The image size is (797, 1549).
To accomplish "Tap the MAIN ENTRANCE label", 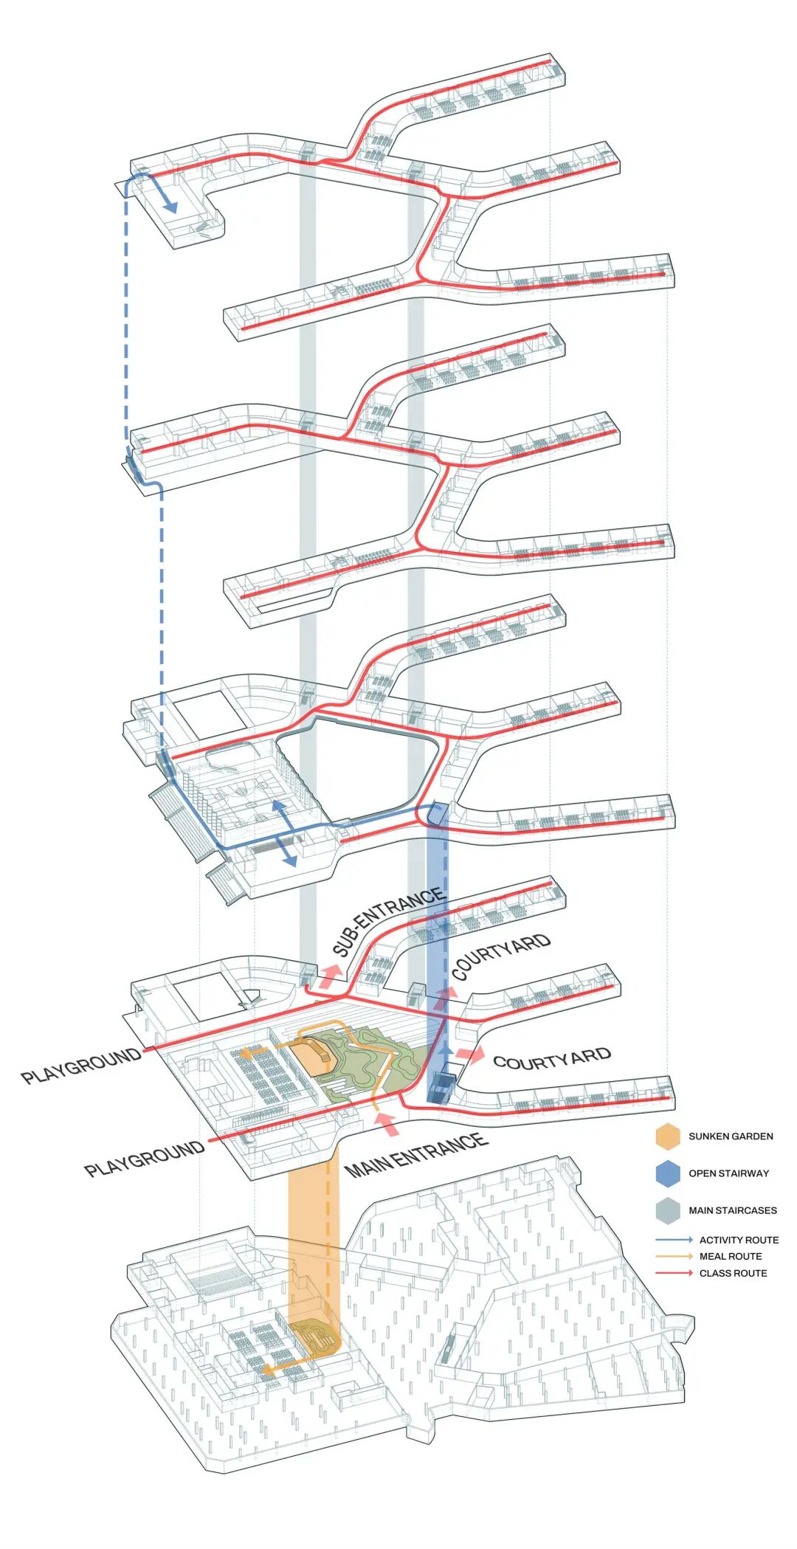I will coord(416,1155).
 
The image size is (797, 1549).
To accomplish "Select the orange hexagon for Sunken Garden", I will coord(667,1136).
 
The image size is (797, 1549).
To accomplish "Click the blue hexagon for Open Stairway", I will coord(667,1173).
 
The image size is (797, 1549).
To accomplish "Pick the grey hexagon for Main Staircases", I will coord(667,1210).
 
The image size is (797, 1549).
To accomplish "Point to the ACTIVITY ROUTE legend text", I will coord(739,1240).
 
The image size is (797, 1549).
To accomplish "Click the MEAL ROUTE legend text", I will coord(731,1256).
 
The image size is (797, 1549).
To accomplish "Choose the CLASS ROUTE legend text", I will coord(733,1273).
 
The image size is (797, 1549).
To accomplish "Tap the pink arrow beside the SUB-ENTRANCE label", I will coord(328,976).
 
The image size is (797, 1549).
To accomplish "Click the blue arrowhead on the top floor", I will coord(170,207).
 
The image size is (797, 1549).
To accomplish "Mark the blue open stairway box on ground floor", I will coord(441,1086).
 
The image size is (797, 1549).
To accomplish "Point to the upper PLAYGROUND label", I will coord(81,1066).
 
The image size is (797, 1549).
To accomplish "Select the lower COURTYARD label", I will coord(552,1059).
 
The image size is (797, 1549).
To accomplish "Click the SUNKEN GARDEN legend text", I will coord(731,1136).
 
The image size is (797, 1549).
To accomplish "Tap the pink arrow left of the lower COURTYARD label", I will coord(470,1055).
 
